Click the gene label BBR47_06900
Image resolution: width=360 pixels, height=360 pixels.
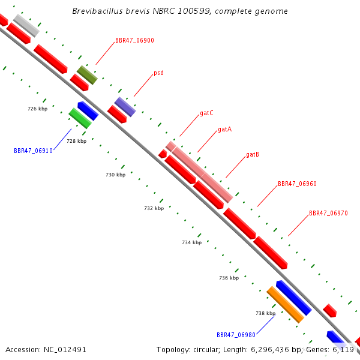[134, 40]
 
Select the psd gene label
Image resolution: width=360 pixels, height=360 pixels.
[158, 73]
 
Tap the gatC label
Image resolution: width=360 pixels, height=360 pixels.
[206, 113]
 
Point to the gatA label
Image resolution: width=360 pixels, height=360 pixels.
[225, 130]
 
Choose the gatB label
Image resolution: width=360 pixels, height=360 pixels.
[253, 155]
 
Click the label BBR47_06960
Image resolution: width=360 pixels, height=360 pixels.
[297, 184]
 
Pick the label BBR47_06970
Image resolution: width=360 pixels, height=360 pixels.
[328, 213]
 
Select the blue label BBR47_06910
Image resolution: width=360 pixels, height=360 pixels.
[33, 151]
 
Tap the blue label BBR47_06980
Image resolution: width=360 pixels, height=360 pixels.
[236, 335]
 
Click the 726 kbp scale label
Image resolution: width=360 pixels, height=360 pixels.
[38, 109]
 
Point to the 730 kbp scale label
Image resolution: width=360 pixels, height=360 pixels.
[115, 175]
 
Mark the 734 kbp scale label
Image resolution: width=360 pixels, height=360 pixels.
[192, 242]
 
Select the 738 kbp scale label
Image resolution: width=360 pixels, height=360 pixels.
[265, 313]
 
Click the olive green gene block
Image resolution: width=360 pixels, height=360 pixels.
[87, 75]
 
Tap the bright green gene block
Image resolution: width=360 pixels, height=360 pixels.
[80, 118]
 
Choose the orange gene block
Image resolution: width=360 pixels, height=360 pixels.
[286, 305]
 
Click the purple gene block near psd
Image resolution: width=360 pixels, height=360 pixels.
[125, 107]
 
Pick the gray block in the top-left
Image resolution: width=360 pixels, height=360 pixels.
[26, 25]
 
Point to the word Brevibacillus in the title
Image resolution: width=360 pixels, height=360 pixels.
[97, 11]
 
